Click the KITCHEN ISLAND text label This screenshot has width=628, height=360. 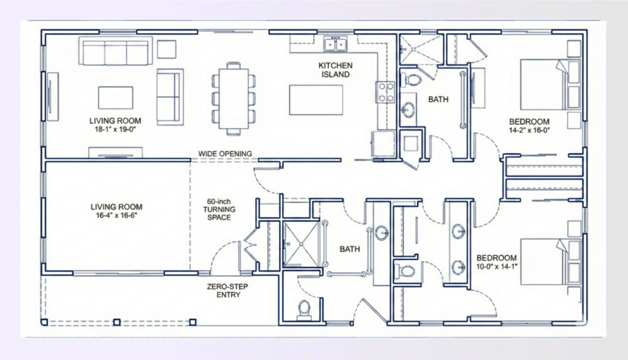[x=334, y=70]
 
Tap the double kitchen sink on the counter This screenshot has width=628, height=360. [x=335, y=44]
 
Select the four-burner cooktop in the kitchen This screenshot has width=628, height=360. [x=385, y=92]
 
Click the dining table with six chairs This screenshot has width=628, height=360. [x=234, y=98]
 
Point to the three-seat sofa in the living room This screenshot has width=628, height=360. [x=115, y=53]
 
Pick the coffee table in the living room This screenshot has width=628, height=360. [x=115, y=98]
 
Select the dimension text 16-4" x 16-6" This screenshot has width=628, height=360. [x=117, y=215]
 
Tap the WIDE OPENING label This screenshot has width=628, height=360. [x=225, y=153]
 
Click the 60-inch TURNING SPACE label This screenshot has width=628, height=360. [x=220, y=209]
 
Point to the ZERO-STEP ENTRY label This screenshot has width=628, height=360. [x=228, y=291]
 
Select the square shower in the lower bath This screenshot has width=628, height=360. [x=301, y=243]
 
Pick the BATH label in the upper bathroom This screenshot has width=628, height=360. [x=438, y=99]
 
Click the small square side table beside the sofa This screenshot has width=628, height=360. [x=166, y=49]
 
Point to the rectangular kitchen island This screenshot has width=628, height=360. [x=316, y=100]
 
